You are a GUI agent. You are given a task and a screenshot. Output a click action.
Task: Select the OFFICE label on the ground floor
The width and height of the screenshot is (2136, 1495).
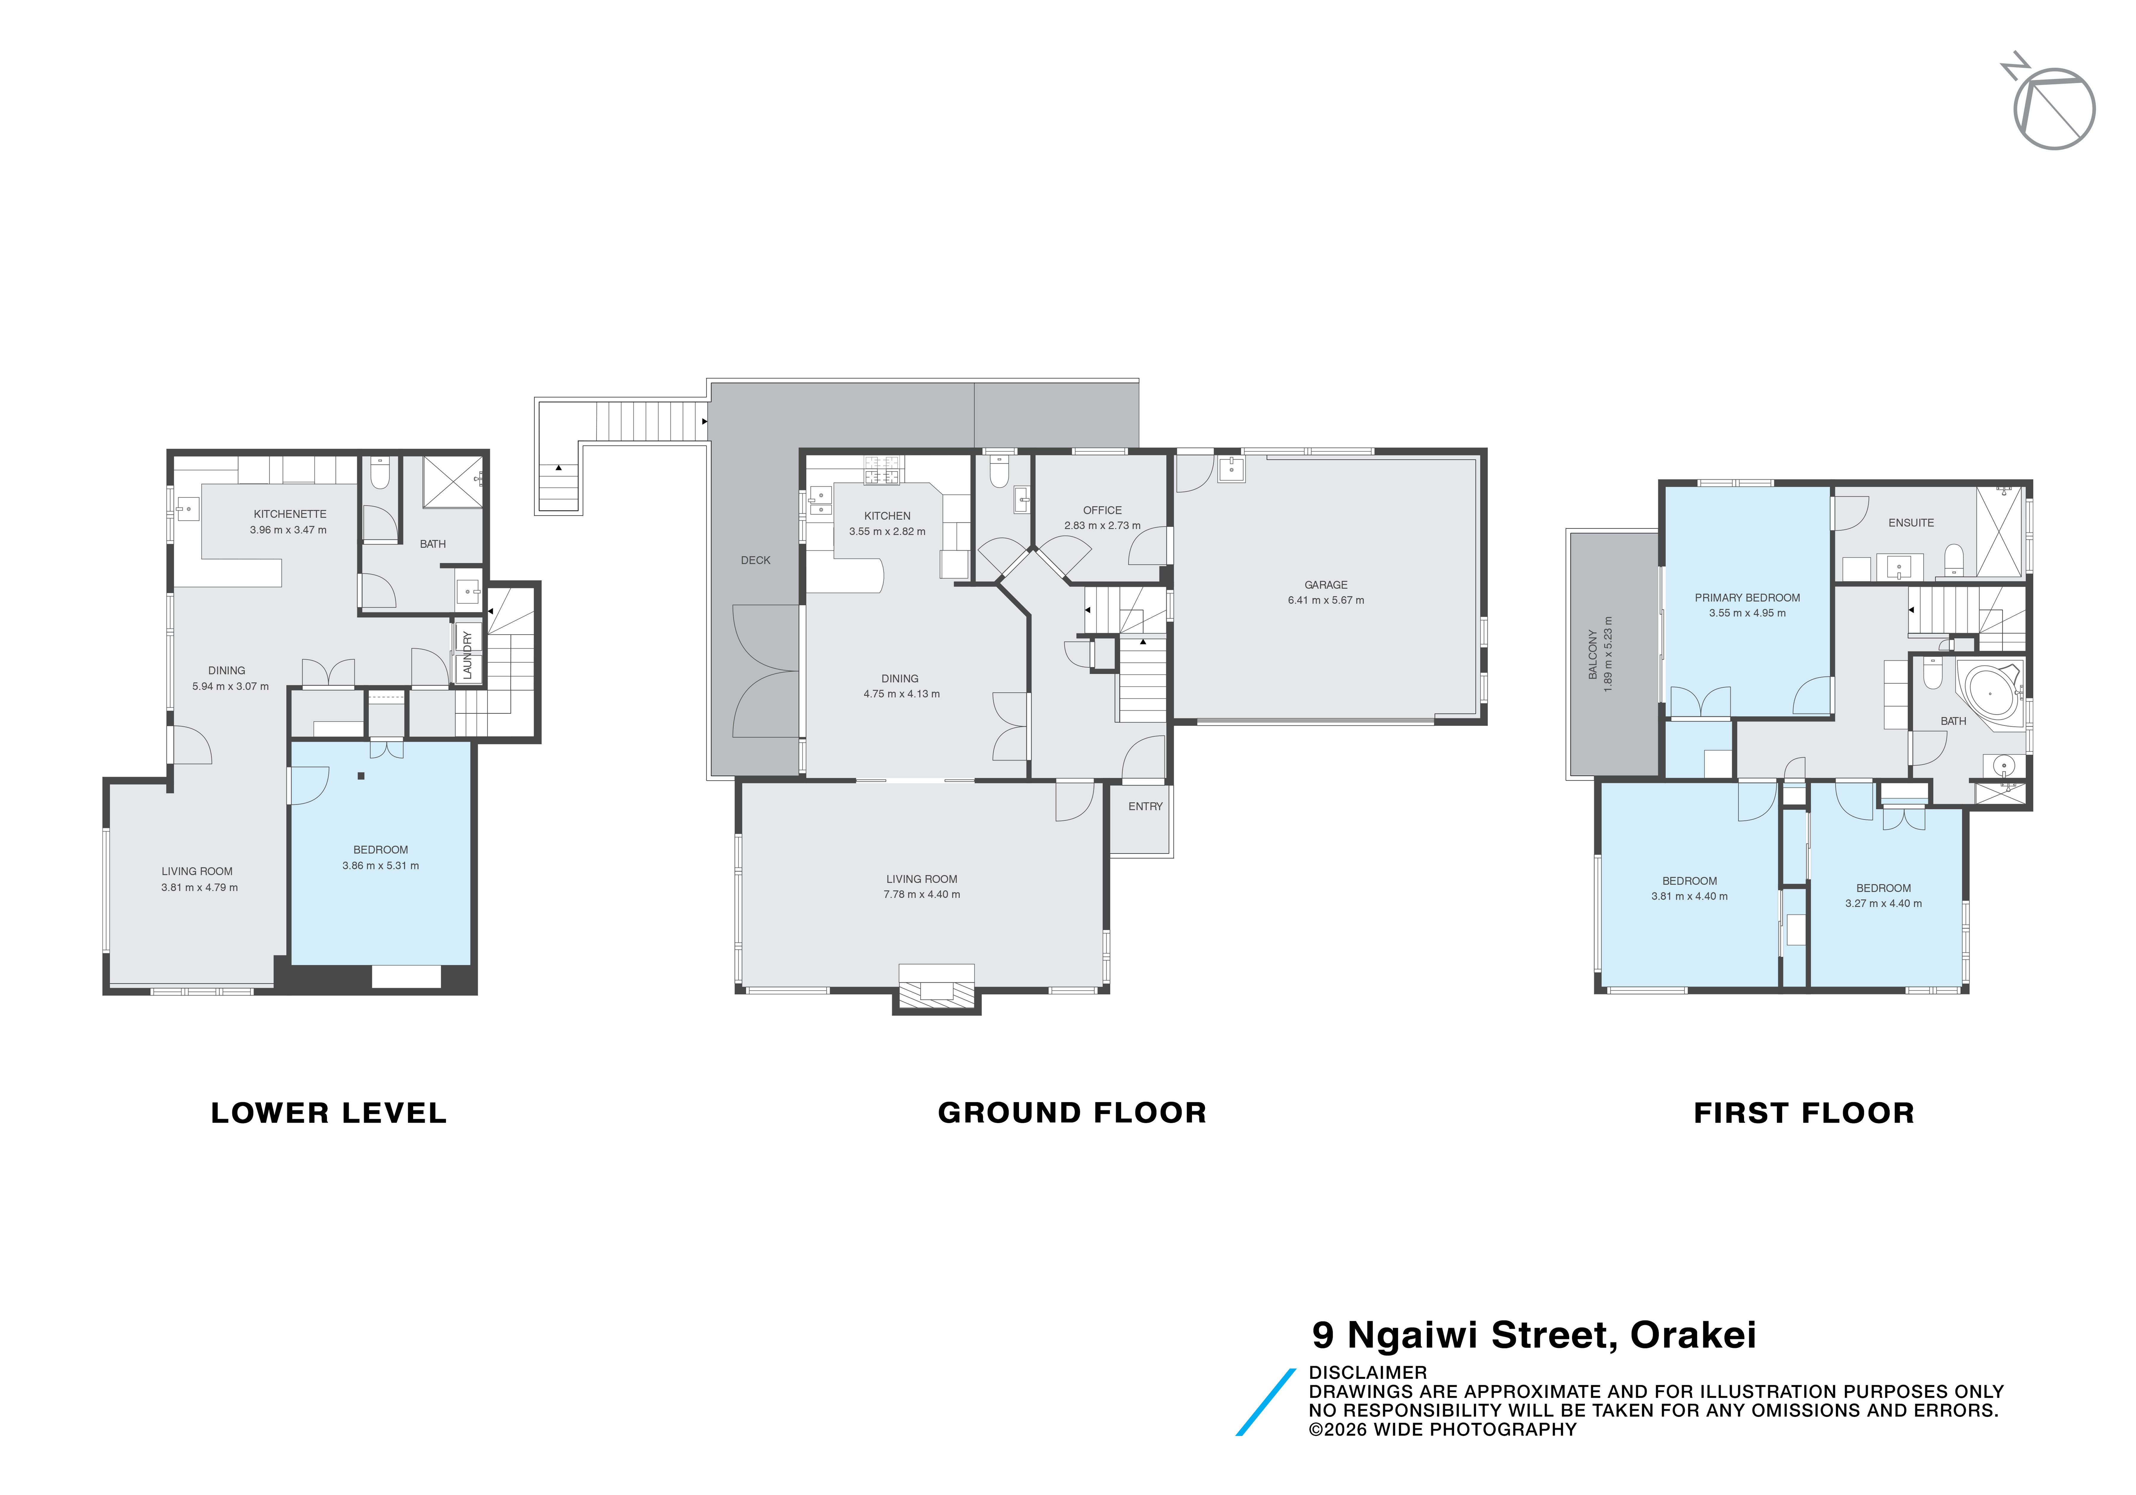[1102, 510]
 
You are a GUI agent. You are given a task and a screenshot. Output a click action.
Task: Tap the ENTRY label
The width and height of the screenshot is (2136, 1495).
[1145, 807]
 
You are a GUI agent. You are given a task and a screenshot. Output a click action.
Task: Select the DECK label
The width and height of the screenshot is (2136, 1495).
[755, 560]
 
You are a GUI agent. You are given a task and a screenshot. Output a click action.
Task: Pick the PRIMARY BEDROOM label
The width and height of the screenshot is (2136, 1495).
[1747, 597]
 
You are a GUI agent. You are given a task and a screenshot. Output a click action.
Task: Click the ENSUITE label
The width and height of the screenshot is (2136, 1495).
[1911, 523]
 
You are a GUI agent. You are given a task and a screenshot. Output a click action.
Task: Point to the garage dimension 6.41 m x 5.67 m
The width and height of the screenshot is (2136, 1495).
[1326, 600]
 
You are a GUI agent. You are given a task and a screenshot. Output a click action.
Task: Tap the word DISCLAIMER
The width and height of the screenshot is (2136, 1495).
[1368, 1372]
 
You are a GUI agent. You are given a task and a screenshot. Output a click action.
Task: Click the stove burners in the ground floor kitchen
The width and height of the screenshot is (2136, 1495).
[883, 471]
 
